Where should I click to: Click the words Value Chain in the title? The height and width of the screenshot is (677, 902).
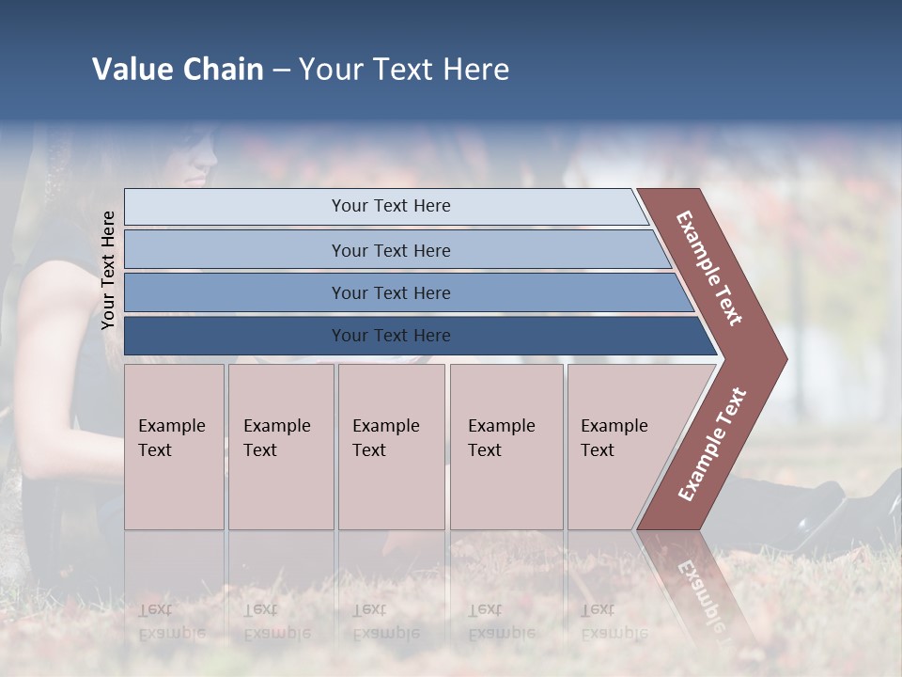178,70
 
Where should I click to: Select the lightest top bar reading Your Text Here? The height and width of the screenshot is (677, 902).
390,206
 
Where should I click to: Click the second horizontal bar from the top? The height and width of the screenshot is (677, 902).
390,250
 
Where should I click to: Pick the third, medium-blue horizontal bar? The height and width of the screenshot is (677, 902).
390,292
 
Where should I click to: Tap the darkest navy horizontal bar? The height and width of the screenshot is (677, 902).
390,336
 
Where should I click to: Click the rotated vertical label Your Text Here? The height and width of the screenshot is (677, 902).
108,270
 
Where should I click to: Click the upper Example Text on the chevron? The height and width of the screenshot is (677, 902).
709,268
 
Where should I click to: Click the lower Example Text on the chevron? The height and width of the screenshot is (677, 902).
712,444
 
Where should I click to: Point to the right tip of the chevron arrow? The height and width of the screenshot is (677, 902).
785,359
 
